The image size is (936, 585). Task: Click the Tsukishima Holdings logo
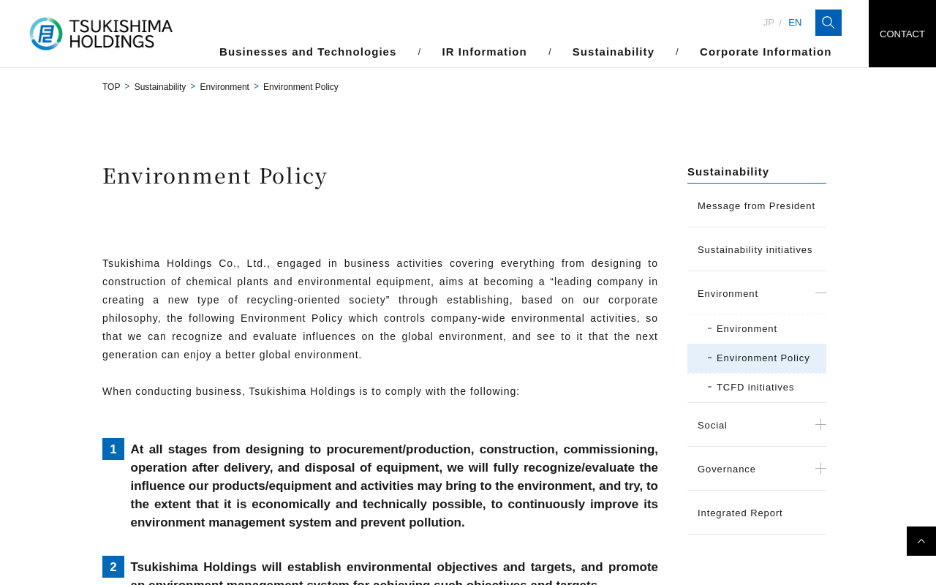click(101, 34)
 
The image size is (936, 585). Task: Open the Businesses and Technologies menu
click(308, 52)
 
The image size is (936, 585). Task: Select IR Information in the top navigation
click(484, 52)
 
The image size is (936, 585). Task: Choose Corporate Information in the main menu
click(765, 52)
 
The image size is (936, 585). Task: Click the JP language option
click(769, 23)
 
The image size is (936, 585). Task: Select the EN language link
click(795, 23)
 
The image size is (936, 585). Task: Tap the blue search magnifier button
click(829, 23)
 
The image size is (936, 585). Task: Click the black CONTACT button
click(902, 34)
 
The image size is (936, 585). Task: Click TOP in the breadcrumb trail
click(111, 87)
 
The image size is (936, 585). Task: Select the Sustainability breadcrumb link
click(160, 87)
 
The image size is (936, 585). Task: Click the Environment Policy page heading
click(215, 176)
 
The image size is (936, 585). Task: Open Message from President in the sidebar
click(756, 206)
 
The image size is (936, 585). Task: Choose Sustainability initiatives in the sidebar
click(755, 250)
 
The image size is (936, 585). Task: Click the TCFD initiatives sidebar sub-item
click(755, 388)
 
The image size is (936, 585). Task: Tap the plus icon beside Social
click(820, 425)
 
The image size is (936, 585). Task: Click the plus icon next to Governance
click(820, 469)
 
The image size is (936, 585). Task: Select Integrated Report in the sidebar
click(740, 513)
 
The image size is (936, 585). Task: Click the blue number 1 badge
click(113, 449)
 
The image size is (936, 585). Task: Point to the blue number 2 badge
click(113, 567)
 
